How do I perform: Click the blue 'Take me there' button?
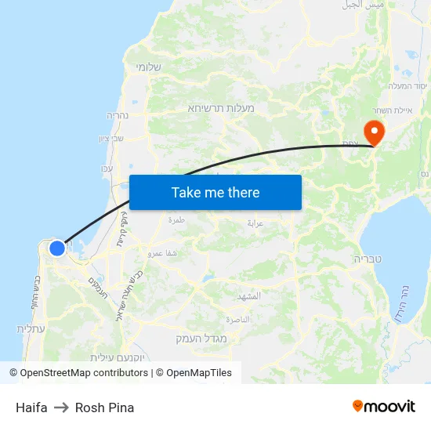[215, 192]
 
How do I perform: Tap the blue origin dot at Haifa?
[57, 248]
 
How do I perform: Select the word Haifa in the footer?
[31, 407]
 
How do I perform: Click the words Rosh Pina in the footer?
[104, 407]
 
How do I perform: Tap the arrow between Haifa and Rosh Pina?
[61, 407]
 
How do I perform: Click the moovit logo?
[384, 406]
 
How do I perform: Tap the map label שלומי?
[148, 67]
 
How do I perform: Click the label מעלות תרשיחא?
[221, 107]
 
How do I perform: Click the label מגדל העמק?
[201, 339]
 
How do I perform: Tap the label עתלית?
[31, 328]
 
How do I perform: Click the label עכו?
[107, 168]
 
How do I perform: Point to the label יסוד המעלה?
[407, 86]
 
